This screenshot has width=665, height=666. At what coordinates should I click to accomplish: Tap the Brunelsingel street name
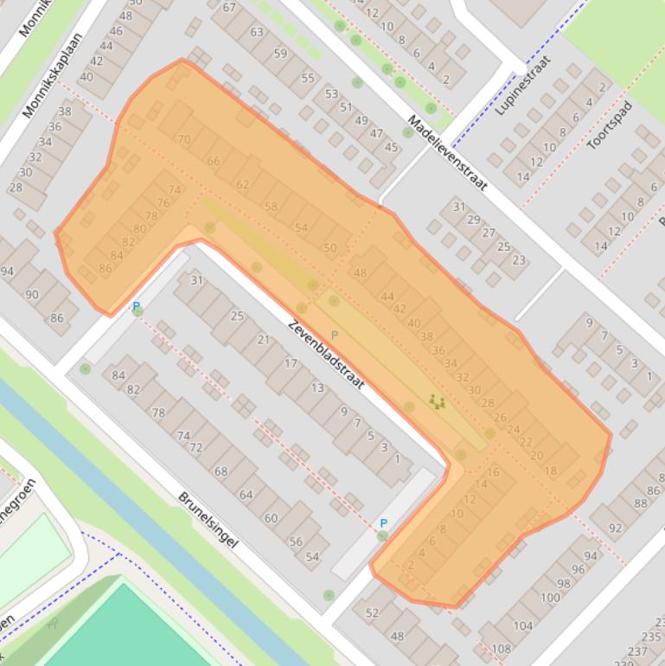[x=208, y=520]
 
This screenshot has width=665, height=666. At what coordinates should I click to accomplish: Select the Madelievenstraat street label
[x=447, y=152]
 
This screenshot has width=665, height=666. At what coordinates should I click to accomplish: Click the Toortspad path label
[x=610, y=125]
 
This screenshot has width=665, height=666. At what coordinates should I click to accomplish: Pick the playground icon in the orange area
[x=437, y=401]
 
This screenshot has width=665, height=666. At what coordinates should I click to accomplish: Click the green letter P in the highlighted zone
[x=336, y=335]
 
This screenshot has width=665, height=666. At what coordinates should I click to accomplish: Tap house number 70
[x=183, y=138]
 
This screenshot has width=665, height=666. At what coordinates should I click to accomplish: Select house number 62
[x=242, y=184]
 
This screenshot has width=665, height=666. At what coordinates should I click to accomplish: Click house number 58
[x=272, y=207]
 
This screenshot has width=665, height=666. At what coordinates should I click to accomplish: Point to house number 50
[x=329, y=248]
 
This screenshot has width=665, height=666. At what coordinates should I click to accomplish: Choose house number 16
[x=493, y=472]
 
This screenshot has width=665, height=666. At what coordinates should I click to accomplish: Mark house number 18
[x=551, y=471]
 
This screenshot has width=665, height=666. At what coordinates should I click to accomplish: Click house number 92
[x=615, y=528]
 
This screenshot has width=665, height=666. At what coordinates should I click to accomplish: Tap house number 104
[x=522, y=625]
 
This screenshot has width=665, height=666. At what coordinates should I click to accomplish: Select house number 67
[x=229, y=8]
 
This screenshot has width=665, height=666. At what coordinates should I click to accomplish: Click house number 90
[x=32, y=294]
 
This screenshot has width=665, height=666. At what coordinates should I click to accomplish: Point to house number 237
[x=637, y=650]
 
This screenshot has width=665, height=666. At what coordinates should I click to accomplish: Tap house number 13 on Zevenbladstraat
[x=317, y=387]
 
